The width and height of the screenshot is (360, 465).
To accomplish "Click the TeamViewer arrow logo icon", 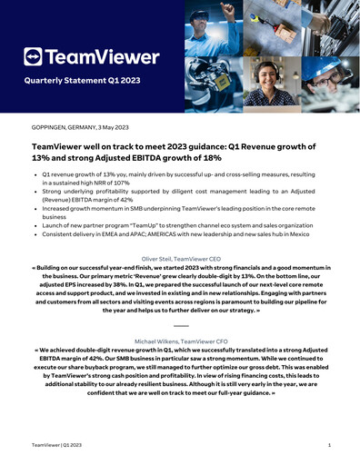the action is [x=34, y=57].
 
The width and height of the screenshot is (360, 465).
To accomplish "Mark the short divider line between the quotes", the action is [x=180, y=324].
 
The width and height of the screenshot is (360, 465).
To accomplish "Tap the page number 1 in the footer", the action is [x=328, y=446].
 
